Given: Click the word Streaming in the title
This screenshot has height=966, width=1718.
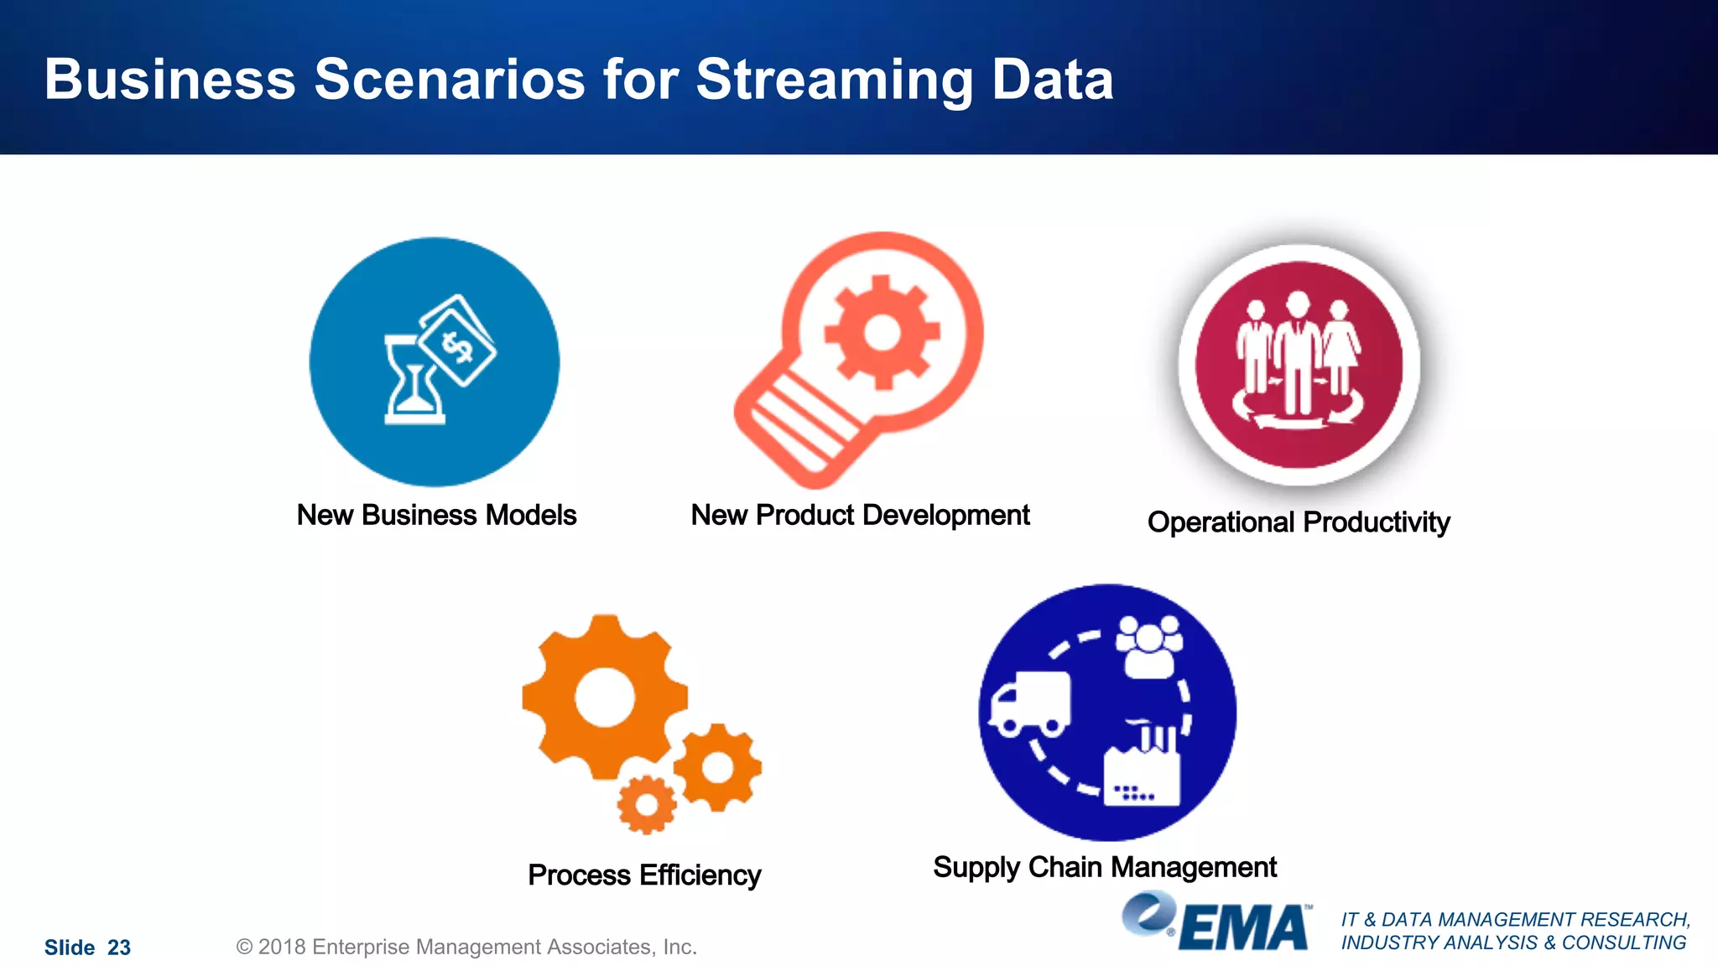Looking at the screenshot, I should click(x=835, y=80).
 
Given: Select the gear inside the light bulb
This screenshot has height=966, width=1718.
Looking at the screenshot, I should click(x=882, y=332).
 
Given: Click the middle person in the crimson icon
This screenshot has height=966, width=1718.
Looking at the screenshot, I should click(x=1298, y=352).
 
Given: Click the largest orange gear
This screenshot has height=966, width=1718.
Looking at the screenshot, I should click(x=604, y=696).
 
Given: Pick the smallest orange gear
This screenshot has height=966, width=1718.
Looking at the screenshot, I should click(x=647, y=804).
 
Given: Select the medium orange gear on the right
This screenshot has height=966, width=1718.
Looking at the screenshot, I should click(x=717, y=766).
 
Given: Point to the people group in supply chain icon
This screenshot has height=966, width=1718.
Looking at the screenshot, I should click(x=1149, y=646).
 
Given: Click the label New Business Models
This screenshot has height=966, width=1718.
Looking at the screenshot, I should click(x=436, y=515).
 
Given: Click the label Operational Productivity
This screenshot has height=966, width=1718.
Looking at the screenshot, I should click(x=1298, y=522).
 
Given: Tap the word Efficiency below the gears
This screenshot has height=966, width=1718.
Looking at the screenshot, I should click(x=700, y=875).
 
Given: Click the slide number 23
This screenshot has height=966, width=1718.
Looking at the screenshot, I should click(x=119, y=948).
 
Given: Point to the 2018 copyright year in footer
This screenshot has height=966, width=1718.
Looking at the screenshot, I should click(x=282, y=947).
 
